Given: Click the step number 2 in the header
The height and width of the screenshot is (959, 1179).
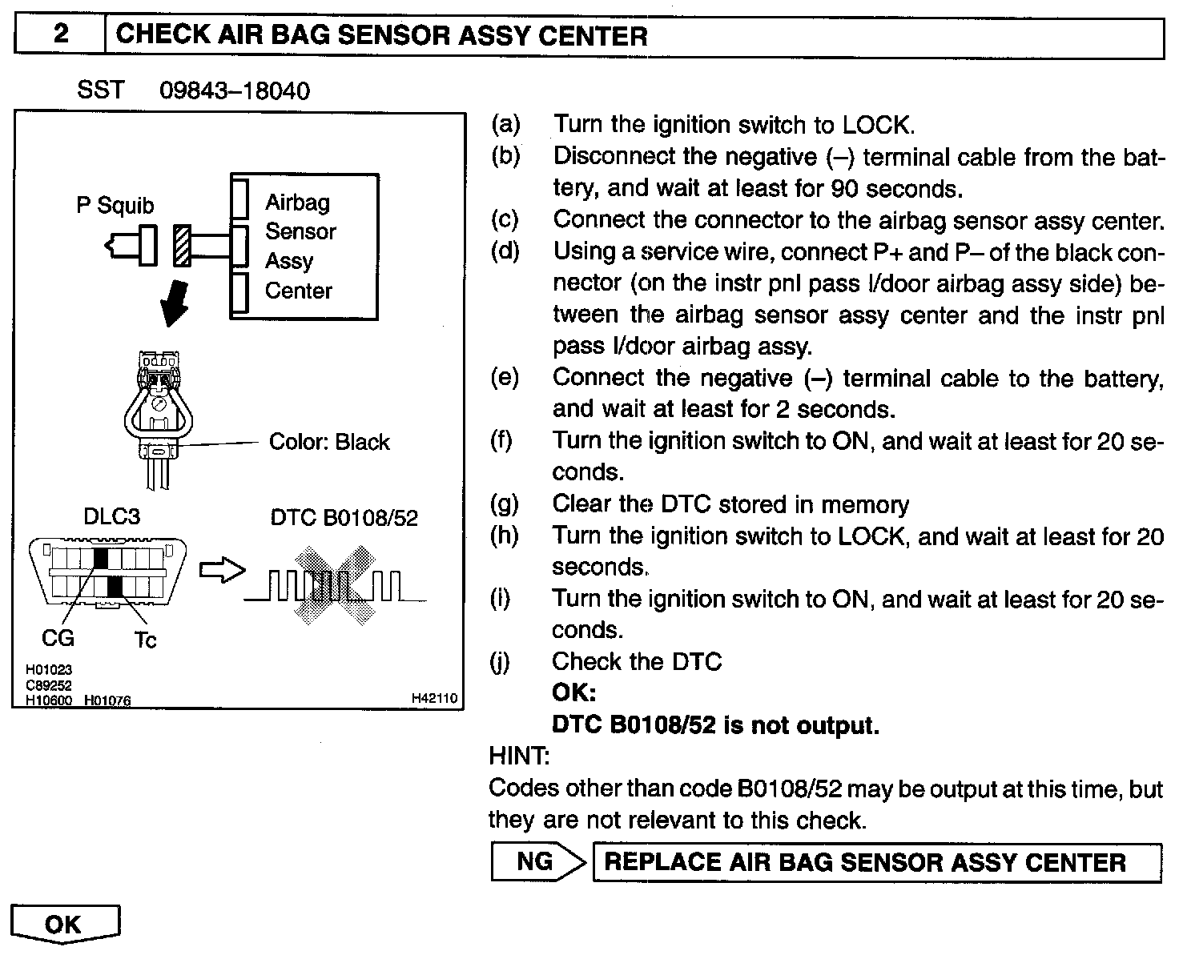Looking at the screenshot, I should [61, 35].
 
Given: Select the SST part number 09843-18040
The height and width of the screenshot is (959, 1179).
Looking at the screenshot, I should [234, 90].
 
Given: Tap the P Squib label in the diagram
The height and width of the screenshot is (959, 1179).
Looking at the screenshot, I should [115, 206].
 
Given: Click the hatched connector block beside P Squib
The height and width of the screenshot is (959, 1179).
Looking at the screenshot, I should [182, 246].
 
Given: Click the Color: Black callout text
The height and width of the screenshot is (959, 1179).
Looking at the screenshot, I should [329, 442].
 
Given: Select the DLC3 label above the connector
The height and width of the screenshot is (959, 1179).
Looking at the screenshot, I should [111, 517].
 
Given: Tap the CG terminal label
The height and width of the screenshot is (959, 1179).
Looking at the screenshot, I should [58, 638].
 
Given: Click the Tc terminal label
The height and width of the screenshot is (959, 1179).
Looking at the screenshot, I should [145, 640].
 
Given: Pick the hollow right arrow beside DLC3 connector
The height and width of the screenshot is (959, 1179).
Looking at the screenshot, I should [221, 570].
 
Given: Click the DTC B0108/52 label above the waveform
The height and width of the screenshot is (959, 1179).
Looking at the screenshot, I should [344, 518].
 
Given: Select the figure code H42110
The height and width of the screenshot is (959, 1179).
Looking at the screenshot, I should [434, 699].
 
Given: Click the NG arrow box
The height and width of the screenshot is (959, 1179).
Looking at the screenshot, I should [537, 861].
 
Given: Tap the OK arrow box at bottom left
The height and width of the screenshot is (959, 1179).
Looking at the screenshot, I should [65, 925].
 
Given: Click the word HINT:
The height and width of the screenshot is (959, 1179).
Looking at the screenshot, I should [519, 755].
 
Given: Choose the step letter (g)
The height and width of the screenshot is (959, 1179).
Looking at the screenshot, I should [505, 504].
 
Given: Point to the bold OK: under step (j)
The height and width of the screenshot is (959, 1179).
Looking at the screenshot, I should [573, 692].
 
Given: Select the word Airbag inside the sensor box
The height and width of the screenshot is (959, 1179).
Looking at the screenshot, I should [297, 203].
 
